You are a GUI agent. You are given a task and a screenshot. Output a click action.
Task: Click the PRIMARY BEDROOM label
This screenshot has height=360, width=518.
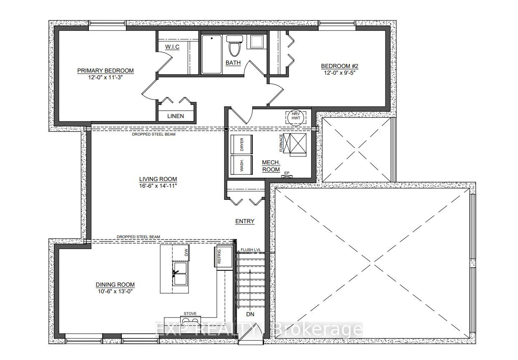(106, 70)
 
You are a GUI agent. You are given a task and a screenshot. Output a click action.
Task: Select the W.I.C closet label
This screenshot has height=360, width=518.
(172, 47)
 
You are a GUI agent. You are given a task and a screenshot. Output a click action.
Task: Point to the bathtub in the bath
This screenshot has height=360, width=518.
(212, 54)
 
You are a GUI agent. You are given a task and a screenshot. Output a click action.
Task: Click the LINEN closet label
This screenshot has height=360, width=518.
(175, 116)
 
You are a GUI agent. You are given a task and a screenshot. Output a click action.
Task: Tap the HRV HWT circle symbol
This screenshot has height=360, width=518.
(296, 117)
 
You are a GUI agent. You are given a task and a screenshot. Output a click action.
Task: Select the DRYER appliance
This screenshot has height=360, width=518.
(241, 145)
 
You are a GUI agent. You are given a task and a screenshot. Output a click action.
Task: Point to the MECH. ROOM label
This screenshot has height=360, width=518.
(271, 166)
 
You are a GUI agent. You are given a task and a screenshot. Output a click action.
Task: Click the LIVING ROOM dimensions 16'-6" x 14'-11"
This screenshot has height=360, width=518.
(158, 185)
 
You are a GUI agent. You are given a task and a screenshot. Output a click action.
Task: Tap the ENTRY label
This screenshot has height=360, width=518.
(244, 221)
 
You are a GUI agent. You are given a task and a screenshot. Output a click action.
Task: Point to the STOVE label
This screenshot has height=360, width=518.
(190, 313)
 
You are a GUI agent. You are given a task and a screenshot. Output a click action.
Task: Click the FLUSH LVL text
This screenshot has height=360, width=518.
(250, 250)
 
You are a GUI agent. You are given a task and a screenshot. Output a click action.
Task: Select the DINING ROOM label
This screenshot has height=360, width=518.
(114, 284)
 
